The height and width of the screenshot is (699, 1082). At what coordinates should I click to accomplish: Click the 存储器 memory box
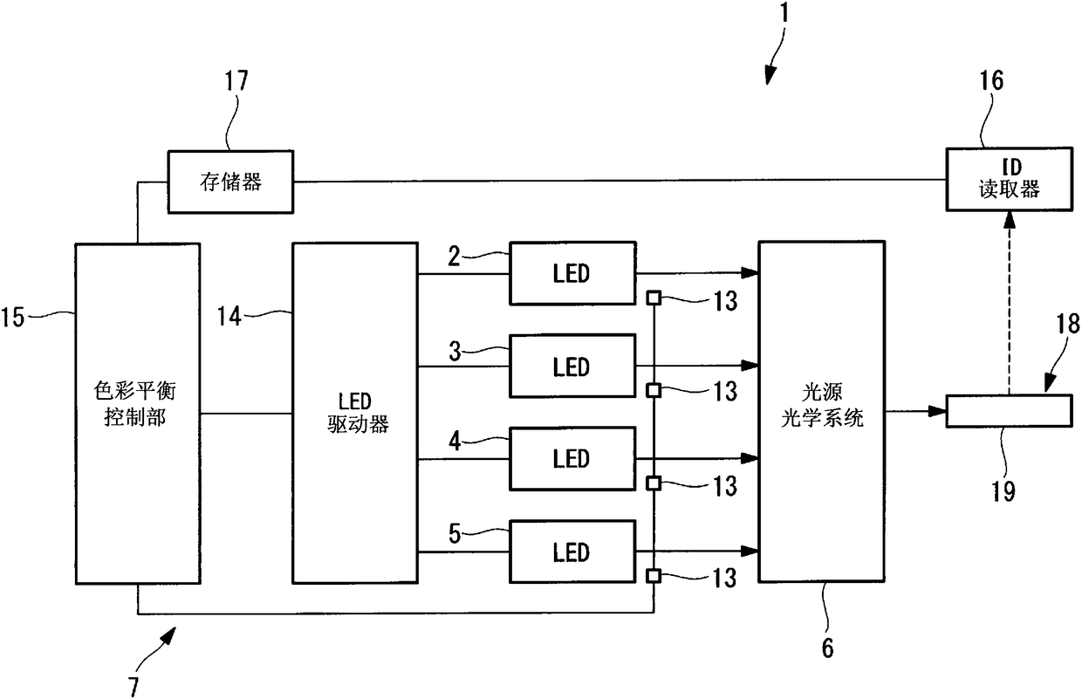click(230, 182)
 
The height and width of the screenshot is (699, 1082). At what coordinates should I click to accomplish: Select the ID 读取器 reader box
click(1009, 179)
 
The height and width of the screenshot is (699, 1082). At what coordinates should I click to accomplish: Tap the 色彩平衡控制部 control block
click(138, 414)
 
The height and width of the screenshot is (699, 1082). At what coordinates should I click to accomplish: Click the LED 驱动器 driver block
click(355, 413)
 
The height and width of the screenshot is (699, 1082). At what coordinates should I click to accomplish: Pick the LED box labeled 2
click(572, 273)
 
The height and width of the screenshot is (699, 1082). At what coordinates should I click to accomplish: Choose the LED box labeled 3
click(572, 367)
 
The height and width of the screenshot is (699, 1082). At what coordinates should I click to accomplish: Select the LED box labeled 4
click(572, 459)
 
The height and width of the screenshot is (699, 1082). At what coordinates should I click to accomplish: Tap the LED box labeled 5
click(572, 552)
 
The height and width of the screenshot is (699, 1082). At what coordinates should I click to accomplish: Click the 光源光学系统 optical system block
click(822, 411)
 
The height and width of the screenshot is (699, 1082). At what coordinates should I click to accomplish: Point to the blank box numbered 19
click(1009, 411)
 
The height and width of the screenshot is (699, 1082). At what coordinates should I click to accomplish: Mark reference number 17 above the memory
click(236, 80)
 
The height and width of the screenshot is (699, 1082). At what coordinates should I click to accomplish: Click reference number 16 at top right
click(991, 80)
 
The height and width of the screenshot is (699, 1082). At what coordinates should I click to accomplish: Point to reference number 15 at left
click(12, 318)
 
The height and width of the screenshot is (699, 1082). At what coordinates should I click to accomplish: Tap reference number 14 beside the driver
click(229, 317)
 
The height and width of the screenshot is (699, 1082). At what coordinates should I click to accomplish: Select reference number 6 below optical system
click(827, 648)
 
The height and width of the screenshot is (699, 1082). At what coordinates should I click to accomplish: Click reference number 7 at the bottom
click(134, 686)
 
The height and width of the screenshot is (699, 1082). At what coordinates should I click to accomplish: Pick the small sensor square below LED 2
click(654, 298)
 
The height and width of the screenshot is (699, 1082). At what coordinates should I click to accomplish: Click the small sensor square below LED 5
click(654, 576)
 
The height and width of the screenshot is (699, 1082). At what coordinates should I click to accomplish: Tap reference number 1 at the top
click(784, 12)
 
